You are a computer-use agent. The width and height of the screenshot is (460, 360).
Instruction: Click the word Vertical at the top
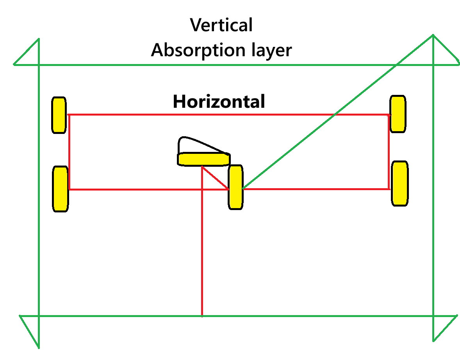click(221, 25)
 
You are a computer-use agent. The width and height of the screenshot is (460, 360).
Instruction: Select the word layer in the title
click(272, 51)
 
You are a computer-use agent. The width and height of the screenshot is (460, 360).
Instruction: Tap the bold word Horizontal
click(219, 102)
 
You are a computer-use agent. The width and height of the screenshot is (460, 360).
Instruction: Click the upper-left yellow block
click(59, 115)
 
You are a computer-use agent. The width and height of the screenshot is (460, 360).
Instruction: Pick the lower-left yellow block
click(61, 189)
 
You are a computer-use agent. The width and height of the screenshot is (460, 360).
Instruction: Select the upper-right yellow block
click(398, 114)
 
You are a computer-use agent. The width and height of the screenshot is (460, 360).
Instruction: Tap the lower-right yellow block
click(400, 183)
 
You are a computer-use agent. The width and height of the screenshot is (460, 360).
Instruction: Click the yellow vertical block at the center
click(235, 187)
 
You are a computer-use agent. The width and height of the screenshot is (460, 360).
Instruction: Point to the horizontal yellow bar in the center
click(203, 159)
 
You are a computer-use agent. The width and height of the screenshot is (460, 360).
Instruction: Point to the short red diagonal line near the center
click(216, 178)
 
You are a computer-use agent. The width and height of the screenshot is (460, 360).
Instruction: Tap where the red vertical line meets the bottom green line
click(202, 315)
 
